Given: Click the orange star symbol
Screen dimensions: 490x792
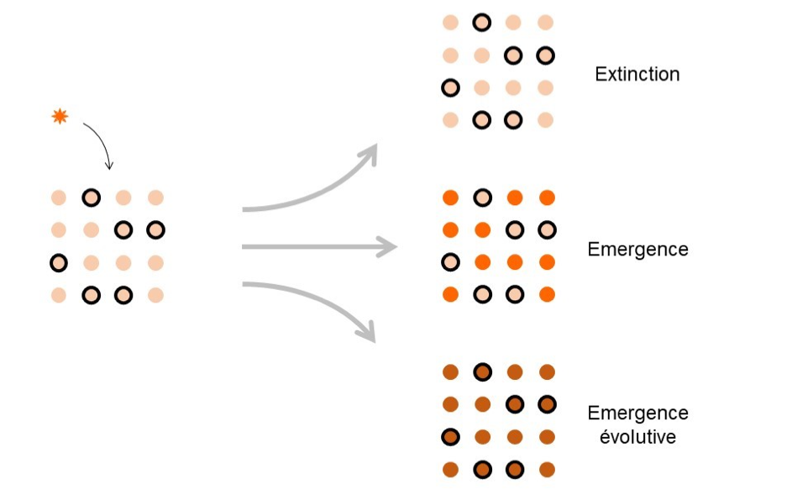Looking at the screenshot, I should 60,117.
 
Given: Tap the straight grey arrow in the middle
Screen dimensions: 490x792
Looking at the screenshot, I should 319,247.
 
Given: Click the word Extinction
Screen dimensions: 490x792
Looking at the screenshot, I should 637,74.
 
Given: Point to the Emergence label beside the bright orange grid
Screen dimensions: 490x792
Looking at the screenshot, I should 637,250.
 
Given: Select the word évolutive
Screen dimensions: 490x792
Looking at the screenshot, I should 637,437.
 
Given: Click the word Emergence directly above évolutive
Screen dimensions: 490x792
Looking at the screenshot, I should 637,413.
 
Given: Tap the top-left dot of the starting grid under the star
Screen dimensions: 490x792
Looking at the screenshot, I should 59,198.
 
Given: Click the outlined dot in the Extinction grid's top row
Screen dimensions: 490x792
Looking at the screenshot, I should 481,23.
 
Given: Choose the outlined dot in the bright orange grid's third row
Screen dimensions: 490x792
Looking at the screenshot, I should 450,262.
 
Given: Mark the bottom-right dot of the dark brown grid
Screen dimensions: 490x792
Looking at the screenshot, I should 547,469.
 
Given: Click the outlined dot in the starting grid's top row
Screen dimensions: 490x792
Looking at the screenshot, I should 91,198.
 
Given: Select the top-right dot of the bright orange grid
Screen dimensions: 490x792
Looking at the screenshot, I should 547,198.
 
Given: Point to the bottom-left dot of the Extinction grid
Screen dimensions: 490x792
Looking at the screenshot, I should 450,120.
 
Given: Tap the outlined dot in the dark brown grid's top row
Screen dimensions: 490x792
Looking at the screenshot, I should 481,372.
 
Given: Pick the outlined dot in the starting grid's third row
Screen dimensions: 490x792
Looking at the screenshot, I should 59,263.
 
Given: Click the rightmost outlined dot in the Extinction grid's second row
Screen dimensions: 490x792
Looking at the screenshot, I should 545,55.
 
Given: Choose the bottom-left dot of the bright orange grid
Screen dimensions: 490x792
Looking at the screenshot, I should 450,294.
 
